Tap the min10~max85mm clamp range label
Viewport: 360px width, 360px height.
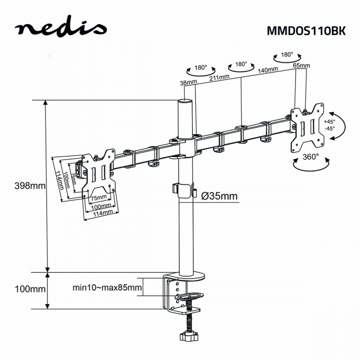[107, 288]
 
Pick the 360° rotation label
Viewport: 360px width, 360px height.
[311, 156]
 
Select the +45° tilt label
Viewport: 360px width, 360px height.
[329, 121]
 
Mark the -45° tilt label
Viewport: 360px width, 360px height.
[329, 129]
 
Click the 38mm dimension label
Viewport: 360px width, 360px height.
[189, 83]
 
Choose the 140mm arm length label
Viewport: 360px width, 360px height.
[268, 70]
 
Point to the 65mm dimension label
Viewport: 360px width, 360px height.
[301, 65]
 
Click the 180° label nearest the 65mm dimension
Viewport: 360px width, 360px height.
[287, 55]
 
